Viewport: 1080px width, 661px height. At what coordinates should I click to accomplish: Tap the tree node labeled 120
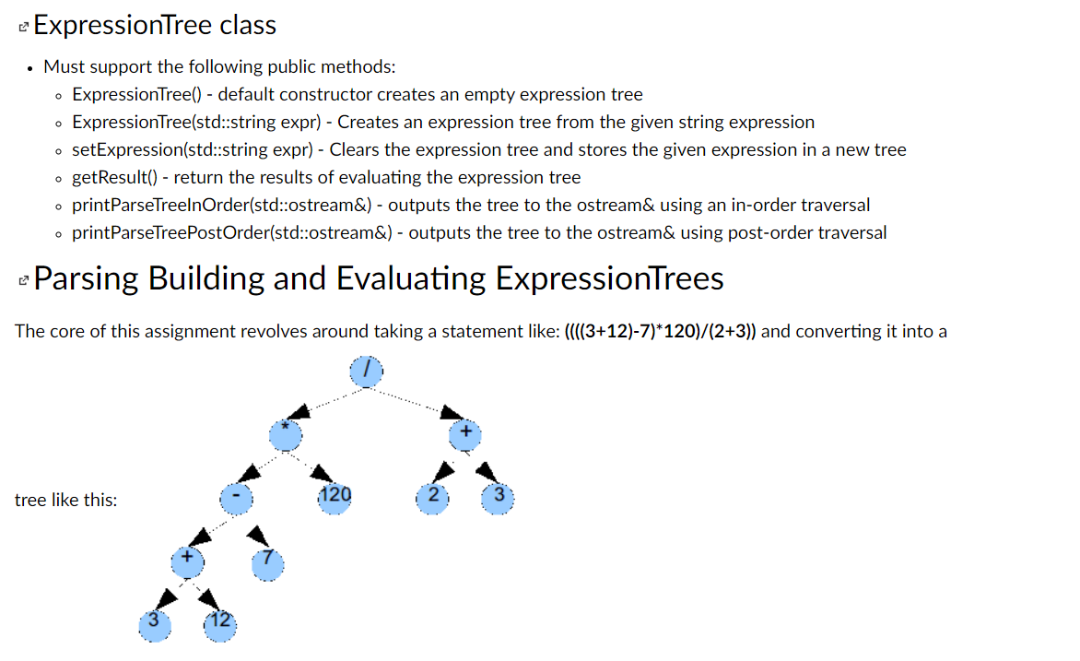(x=335, y=498)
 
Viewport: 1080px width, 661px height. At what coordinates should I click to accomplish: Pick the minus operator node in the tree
(x=236, y=498)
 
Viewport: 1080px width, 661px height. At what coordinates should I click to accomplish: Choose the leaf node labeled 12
(x=219, y=624)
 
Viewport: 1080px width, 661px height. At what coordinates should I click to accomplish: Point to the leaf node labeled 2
(x=433, y=498)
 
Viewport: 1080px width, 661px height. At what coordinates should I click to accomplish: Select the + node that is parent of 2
(x=465, y=434)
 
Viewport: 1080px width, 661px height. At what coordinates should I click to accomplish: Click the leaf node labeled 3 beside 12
(x=155, y=624)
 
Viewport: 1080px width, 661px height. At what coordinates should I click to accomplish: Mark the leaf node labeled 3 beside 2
(x=499, y=498)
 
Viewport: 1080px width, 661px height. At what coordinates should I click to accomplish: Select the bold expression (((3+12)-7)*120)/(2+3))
(x=660, y=331)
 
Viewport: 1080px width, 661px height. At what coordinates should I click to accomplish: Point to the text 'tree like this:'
(x=66, y=501)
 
